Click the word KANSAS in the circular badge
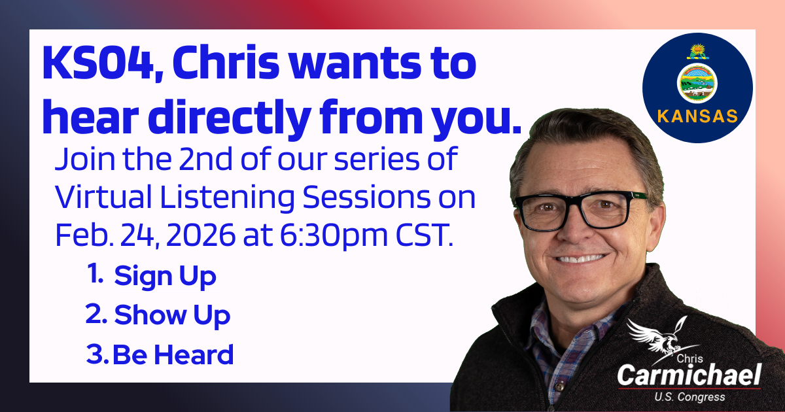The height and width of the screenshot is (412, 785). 697,117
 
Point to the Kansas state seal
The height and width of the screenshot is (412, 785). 697,83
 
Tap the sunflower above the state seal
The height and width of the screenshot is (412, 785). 697,50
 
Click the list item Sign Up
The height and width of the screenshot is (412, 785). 165,277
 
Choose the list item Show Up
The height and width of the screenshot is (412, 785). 172,317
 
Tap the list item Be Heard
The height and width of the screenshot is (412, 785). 173,355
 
